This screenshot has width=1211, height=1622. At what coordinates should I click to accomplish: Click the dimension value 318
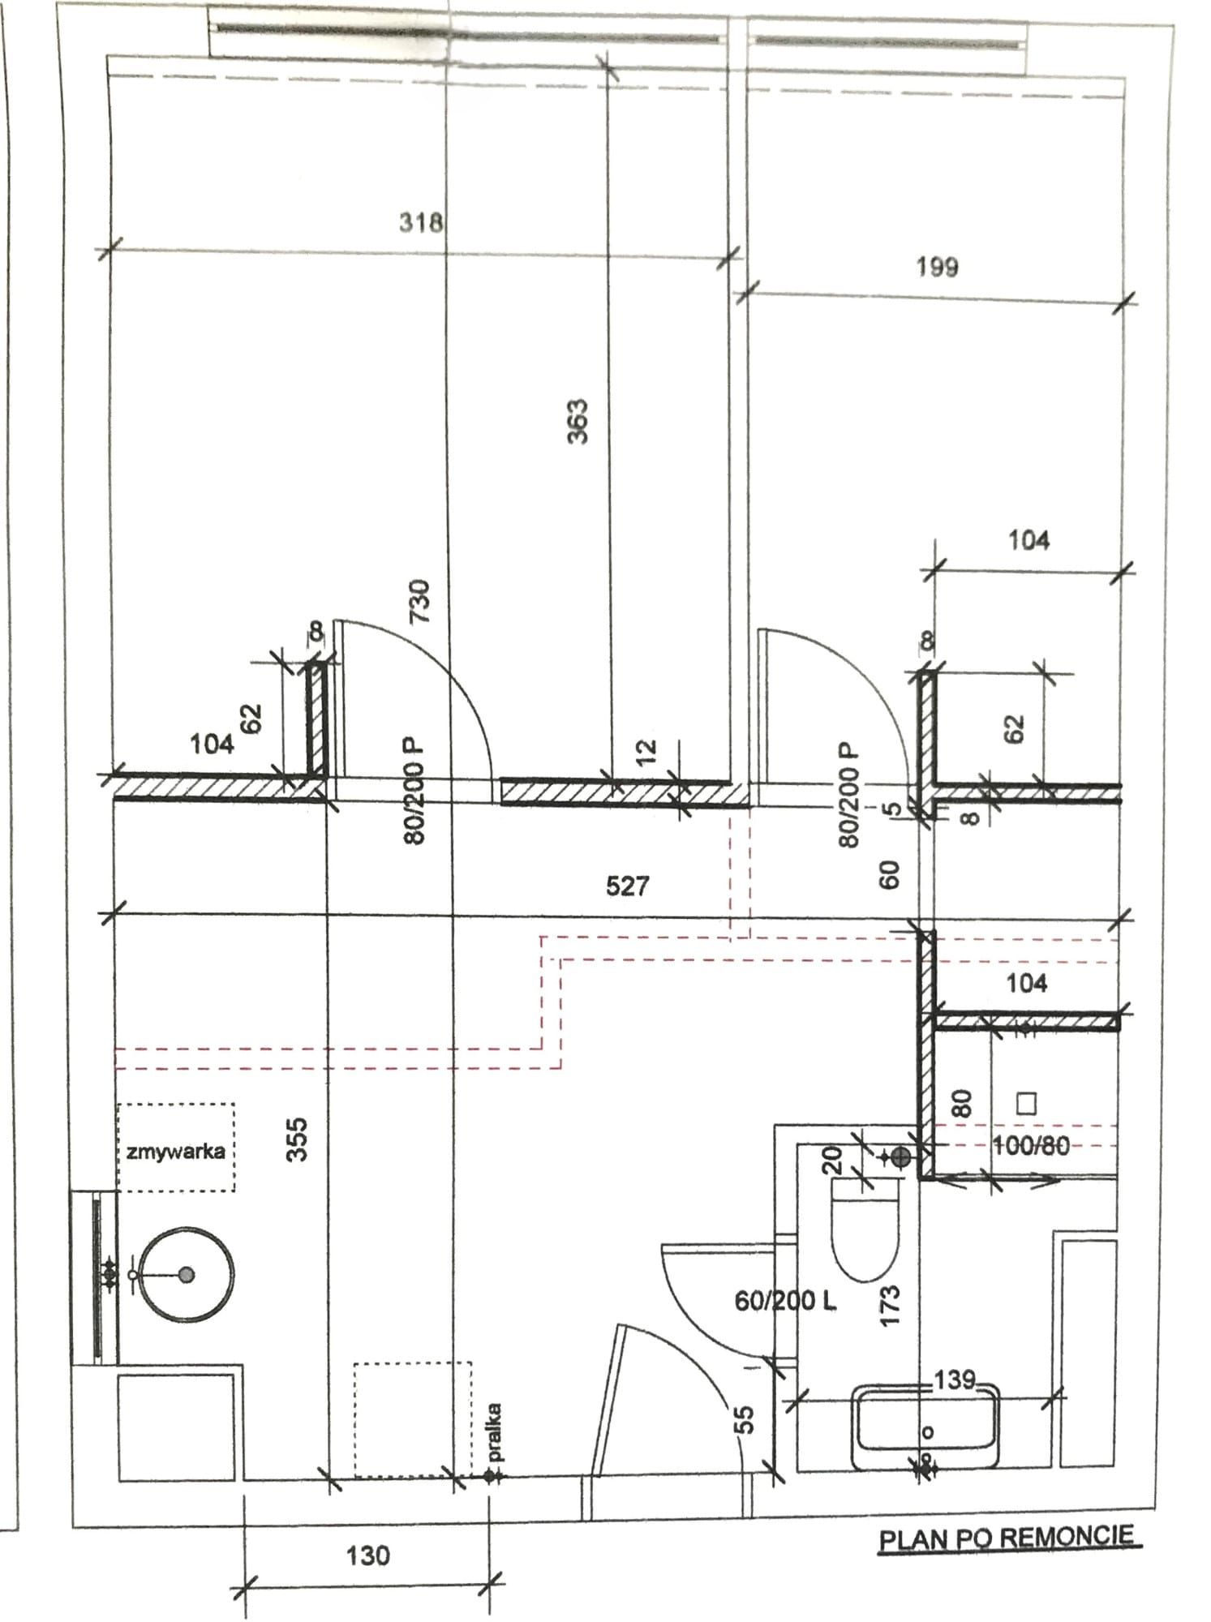pyautogui.click(x=421, y=221)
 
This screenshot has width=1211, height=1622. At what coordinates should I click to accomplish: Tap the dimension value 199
pyautogui.click(x=937, y=266)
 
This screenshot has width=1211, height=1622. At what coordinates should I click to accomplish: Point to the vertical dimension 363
pyautogui.click(x=578, y=421)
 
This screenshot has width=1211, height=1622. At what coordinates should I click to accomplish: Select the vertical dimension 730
pyautogui.click(x=419, y=601)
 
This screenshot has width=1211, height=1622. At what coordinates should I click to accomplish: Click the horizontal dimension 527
pyautogui.click(x=627, y=886)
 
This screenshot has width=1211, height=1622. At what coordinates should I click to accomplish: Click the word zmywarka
pyautogui.click(x=176, y=1151)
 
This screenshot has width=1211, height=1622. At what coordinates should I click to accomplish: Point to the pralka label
pyautogui.click(x=495, y=1432)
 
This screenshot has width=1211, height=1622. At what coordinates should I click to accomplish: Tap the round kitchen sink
pyautogui.click(x=187, y=1274)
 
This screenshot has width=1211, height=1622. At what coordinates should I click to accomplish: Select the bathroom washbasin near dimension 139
pyautogui.click(x=925, y=1427)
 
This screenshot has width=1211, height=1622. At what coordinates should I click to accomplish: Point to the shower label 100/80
pyautogui.click(x=1031, y=1145)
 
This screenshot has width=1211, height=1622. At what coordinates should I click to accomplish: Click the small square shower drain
pyautogui.click(x=1027, y=1103)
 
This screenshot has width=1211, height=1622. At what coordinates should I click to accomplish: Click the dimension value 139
pyautogui.click(x=955, y=1379)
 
